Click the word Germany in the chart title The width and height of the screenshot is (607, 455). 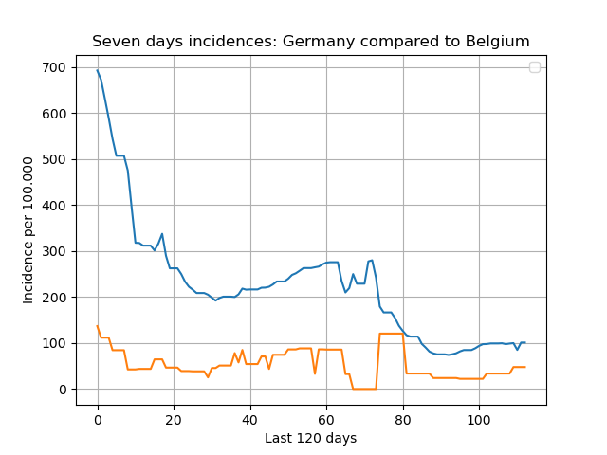click(x=319, y=42)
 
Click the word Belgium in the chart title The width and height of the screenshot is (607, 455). click(x=497, y=42)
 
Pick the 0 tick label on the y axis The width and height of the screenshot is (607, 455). click(x=64, y=390)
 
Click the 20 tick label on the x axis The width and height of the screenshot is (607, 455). click(x=174, y=420)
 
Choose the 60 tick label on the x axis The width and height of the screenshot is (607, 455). click(x=326, y=420)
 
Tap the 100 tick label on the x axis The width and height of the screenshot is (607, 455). click(x=479, y=420)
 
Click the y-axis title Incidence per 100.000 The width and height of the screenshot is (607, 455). click(x=28, y=230)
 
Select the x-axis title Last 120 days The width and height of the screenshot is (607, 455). click(x=311, y=438)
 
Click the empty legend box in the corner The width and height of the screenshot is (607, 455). click(x=535, y=67)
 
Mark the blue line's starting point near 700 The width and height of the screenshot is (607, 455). click(x=97, y=70)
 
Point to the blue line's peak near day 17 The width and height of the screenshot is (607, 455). click(x=162, y=233)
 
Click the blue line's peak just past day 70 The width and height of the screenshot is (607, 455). click(x=372, y=260)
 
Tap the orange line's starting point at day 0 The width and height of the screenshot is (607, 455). click(x=97, y=326)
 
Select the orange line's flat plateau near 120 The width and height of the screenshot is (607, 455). click(x=392, y=334)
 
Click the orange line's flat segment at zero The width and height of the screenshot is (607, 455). click(x=364, y=389)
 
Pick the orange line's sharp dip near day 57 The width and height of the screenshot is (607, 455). click(x=315, y=373)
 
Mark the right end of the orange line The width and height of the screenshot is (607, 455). click(x=525, y=367)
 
